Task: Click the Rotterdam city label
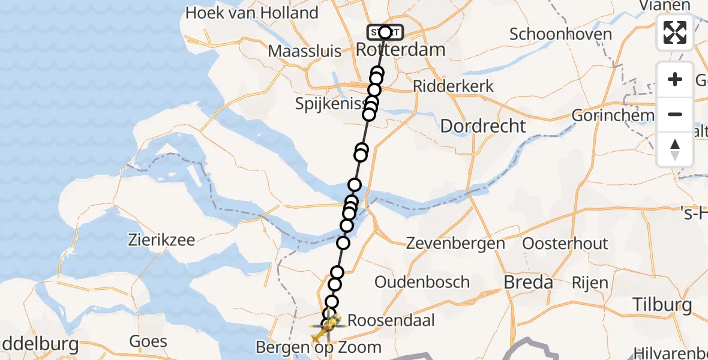pos(401,49)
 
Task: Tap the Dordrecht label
pos(483,126)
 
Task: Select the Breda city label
pos(528,281)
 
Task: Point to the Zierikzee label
pos(161,241)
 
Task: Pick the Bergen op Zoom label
pos(319,347)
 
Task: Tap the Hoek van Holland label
pos(251,13)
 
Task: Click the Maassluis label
pos(305,50)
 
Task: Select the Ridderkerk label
pos(454,86)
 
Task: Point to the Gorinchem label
pos(613,115)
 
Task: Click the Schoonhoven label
pos(560,34)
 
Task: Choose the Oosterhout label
pos(565,244)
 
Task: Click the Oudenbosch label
pos(422,281)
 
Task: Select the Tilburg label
pos(662,305)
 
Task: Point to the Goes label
pos(148,342)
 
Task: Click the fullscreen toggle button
pos(675,32)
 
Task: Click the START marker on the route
pos(385,32)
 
